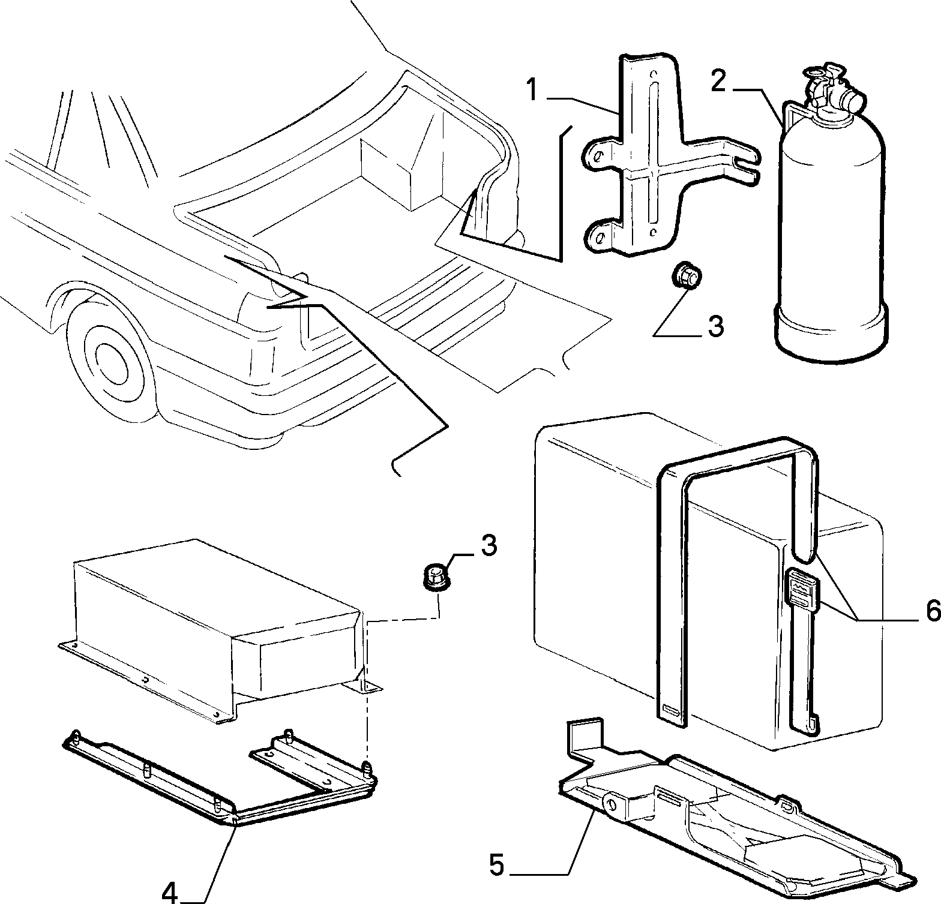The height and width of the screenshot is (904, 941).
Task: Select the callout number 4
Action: [170, 890]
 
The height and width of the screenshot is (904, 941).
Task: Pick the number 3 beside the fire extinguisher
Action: [715, 326]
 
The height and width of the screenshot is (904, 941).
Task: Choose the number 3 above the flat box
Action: [489, 545]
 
